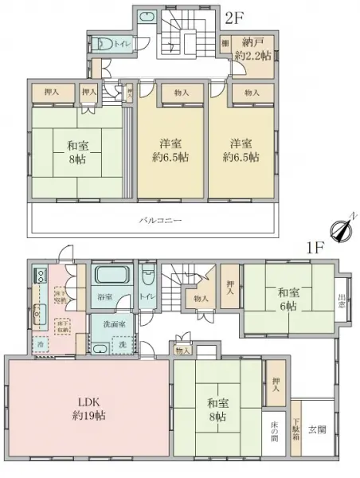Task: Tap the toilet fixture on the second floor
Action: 101,45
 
